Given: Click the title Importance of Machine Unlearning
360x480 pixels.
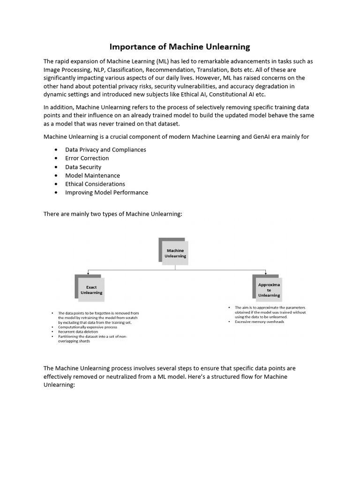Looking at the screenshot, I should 180,46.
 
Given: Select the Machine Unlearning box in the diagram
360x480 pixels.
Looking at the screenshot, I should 175,253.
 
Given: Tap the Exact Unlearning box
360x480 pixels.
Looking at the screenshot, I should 91,290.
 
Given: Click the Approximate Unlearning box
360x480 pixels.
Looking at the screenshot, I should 269,290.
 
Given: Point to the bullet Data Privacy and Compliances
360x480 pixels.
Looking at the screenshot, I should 105,150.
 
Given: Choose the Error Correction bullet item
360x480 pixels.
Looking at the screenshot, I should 87,158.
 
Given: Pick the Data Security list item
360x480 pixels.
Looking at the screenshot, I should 83,167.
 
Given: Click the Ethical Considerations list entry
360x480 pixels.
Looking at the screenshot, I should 95,184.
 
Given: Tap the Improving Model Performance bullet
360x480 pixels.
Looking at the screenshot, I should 106,192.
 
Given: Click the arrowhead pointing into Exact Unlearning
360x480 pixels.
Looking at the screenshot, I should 88,273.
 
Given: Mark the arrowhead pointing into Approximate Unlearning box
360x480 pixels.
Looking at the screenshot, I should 266,273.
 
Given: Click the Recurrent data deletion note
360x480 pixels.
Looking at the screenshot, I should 78,332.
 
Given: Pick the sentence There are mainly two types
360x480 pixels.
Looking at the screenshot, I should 112,214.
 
